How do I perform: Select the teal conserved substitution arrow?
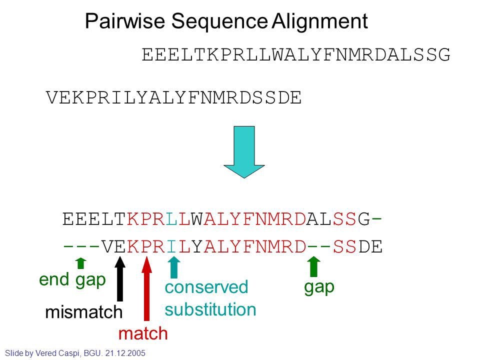[173, 267]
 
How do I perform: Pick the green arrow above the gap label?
[313, 266]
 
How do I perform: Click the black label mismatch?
[83, 312]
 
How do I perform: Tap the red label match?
[143, 333]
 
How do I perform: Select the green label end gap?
[72, 280]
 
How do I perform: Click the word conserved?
[206, 287]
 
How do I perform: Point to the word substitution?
[210, 309]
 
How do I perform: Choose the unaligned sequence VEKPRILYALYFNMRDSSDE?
[174, 98]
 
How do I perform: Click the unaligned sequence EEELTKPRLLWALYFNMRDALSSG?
[296, 54]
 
